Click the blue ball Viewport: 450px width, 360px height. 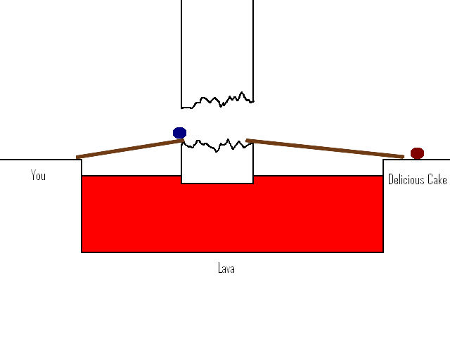[180, 133]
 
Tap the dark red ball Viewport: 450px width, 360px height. [417, 153]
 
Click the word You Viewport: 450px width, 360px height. [38, 175]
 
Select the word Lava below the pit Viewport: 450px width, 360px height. [226, 268]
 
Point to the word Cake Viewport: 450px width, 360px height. [437, 179]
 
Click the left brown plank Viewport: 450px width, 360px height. [130, 148]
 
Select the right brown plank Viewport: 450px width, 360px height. [325, 148]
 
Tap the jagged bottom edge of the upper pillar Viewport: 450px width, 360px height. [217, 101]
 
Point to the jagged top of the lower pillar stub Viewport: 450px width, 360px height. [217, 146]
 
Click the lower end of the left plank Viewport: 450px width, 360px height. [77, 157]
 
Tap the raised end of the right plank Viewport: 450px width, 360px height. [247, 141]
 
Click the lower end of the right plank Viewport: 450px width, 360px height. [403, 157]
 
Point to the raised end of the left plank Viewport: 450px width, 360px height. [183, 141]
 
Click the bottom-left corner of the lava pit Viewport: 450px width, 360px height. [82, 252]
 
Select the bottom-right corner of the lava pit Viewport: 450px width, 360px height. [383, 252]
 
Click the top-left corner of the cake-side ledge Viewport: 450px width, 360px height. [383, 160]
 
